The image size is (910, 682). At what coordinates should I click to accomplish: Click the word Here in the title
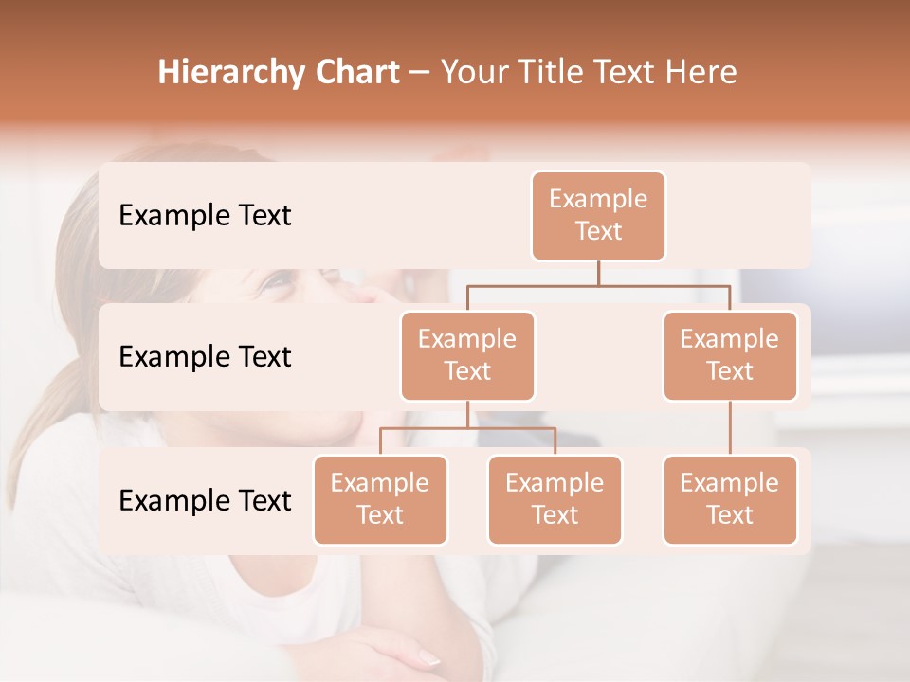[x=700, y=72]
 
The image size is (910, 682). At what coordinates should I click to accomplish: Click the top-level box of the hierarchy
[x=598, y=216]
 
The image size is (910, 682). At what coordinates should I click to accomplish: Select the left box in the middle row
[x=467, y=355]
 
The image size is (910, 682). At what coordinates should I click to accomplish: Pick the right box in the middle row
[x=730, y=355]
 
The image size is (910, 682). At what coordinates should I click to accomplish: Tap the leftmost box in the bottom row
[x=380, y=499]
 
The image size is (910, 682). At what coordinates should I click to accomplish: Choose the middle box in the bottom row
[x=555, y=499]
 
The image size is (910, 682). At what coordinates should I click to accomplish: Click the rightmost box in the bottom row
[x=730, y=499]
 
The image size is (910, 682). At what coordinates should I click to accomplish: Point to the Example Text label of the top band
[x=205, y=216]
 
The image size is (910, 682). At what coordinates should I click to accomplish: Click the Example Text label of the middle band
[x=205, y=357]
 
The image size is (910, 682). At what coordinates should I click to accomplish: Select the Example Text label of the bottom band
[x=205, y=501]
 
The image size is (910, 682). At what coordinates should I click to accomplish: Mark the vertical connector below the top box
[x=598, y=273]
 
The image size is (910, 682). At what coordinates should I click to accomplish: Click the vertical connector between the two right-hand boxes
[x=730, y=428]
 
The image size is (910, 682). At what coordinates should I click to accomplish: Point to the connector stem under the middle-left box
[x=467, y=415]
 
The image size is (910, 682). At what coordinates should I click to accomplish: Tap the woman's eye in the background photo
[x=276, y=281]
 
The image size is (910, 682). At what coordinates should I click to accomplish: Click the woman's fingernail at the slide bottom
[x=428, y=657]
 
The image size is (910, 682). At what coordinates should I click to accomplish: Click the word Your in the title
[x=473, y=72]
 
